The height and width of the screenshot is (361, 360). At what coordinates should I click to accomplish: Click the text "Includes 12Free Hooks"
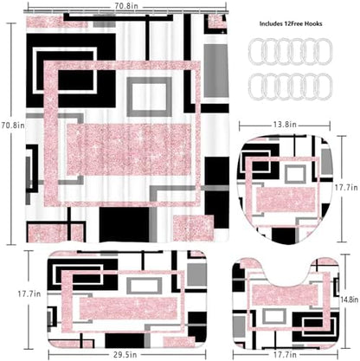point(291,23)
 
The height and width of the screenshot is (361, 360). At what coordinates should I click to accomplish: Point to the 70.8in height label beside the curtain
point(13,126)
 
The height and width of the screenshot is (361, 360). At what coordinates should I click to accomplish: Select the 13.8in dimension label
point(285,125)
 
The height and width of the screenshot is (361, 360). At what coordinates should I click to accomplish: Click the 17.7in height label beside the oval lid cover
point(346,188)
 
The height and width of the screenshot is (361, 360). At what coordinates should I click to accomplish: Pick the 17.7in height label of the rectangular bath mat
point(29,293)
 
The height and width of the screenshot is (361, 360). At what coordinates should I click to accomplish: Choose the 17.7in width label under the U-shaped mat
point(286,354)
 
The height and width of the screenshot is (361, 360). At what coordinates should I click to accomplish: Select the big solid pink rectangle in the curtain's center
point(129,150)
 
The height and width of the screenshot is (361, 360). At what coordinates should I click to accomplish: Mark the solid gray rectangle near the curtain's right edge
point(216,71)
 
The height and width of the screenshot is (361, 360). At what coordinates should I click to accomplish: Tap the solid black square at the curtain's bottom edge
point(125,224)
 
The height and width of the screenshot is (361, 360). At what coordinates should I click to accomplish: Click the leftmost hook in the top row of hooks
point(255,52)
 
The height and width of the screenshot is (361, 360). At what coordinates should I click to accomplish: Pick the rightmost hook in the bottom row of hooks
point(325,87)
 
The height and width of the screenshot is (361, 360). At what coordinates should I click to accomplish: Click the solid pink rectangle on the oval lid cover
point(286,199)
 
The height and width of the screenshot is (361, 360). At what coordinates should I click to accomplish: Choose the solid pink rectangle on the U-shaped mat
point(285,295)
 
